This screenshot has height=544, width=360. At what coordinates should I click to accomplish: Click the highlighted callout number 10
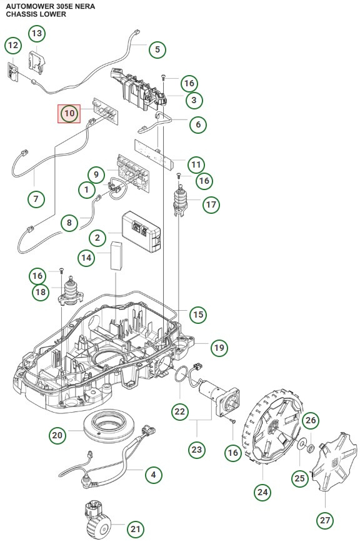pos(69,113)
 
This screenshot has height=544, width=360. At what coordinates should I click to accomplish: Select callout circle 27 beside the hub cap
pos(326,520)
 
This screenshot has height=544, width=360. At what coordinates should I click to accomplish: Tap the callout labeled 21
pos(136,529)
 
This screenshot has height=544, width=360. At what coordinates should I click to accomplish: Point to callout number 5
pos(157,49)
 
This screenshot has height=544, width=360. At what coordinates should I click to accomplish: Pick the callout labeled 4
pos(152,475)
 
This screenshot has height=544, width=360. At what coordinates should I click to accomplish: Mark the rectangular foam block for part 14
pos(116,256)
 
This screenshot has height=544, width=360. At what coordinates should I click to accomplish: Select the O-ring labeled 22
pos(181,379)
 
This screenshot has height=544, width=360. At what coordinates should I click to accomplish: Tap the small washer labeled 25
pos(301,445)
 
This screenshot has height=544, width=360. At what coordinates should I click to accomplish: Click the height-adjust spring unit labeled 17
pos(181,202)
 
